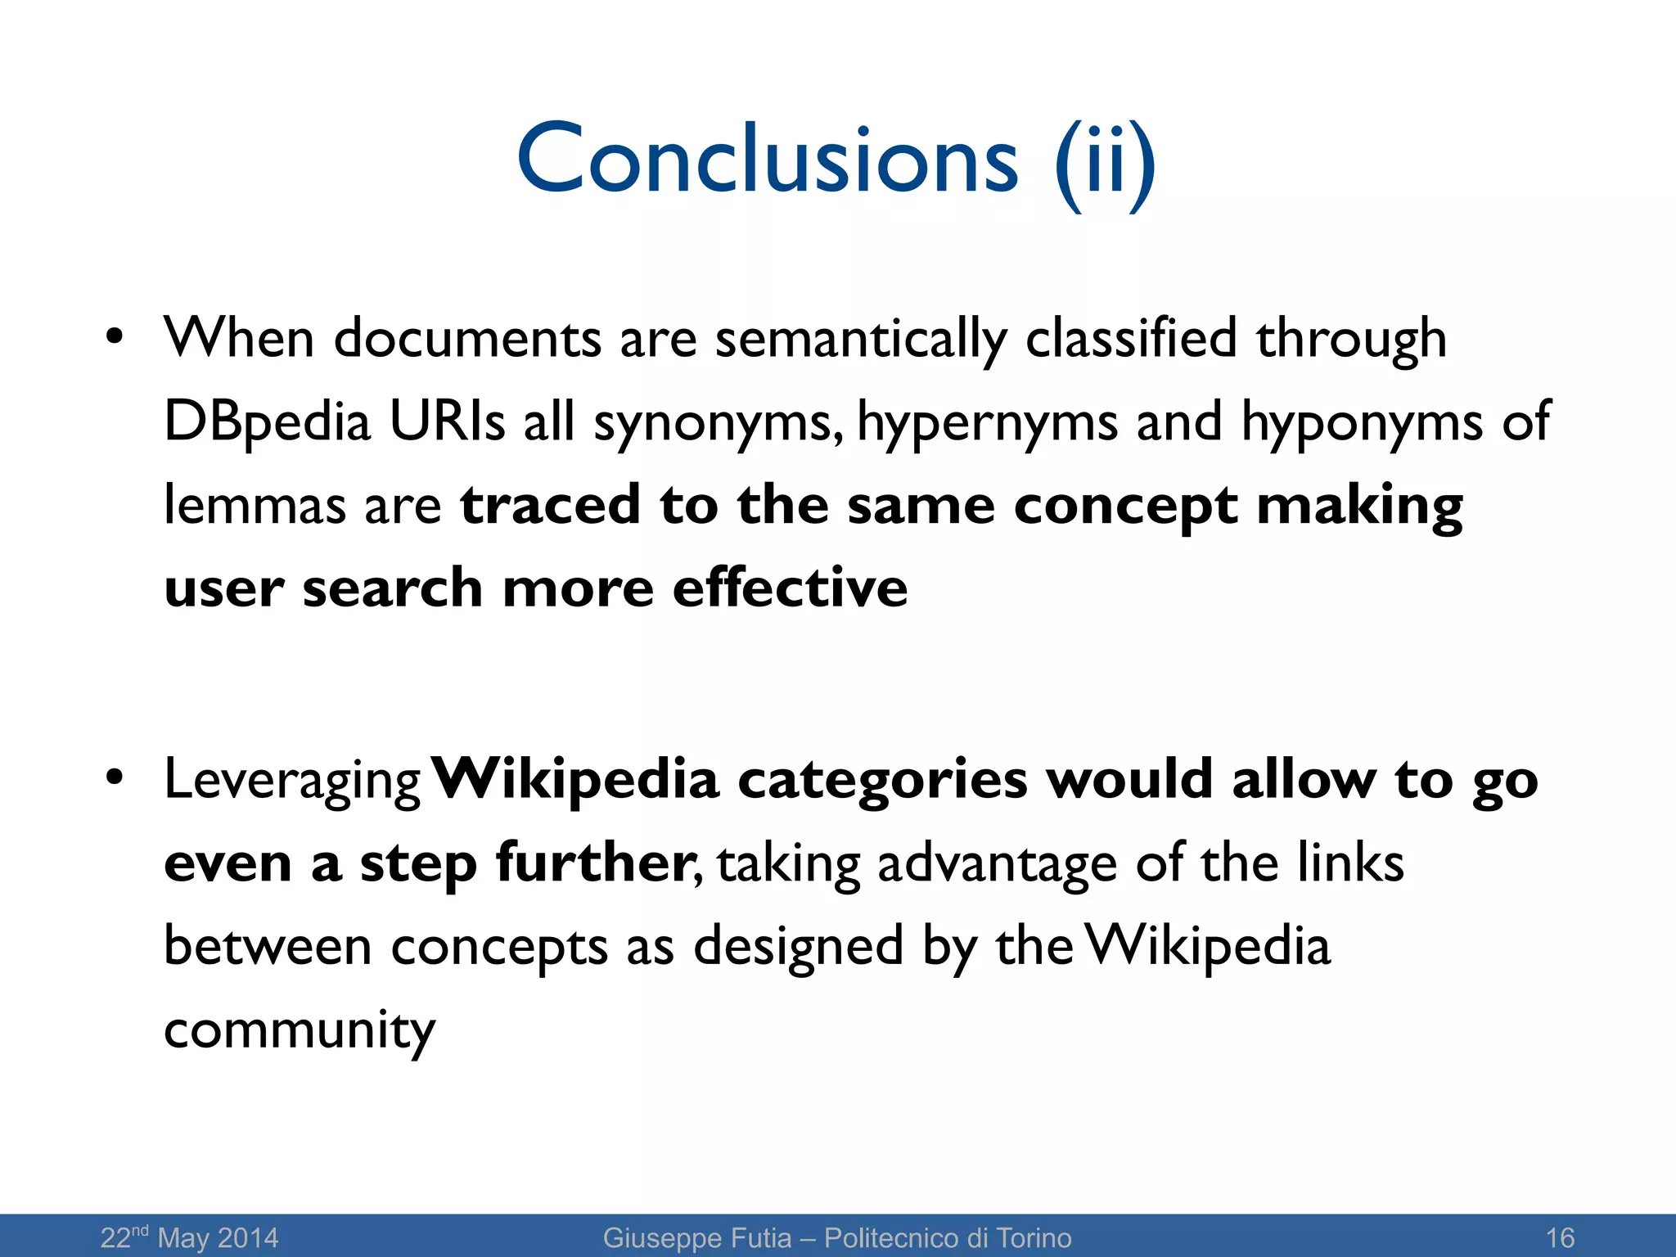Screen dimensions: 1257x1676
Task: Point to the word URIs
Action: (x=447, y=421)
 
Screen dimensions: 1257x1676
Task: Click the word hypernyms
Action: (x=987, y=425)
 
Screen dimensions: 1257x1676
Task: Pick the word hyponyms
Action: (x=1362, y=425)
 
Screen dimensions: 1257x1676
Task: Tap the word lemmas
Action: (x=255, y=504)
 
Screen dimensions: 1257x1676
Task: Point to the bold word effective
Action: (x=790, y=588)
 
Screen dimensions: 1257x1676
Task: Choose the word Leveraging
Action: (x=292, y=781)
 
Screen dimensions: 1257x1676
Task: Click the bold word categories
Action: (x=882, y=781)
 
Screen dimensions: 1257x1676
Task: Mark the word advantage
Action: (x=997, y=864)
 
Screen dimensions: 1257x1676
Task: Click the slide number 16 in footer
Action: (x=1560, y=1237)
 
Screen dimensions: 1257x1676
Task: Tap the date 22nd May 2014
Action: (x=189, y=1237)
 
